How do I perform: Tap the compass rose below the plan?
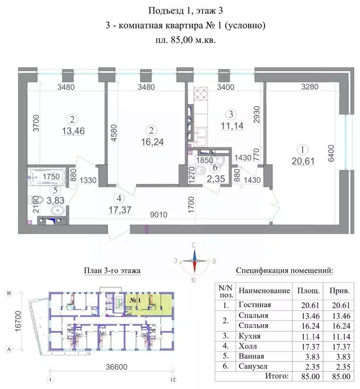pos(194,261)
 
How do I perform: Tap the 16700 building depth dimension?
pos(18,321)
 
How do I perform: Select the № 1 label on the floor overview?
pos(135,300)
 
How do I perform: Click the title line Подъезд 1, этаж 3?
pos(180,11)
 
